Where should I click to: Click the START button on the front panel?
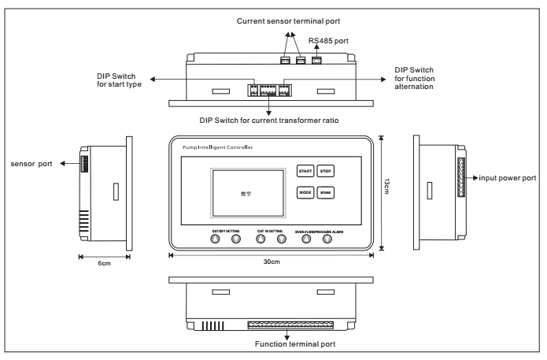point(304,170)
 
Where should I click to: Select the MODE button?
point(304,192)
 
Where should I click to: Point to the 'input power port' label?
point(508,178)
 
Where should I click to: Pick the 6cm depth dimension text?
point(103,262)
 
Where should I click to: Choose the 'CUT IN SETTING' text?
point(271,232)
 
